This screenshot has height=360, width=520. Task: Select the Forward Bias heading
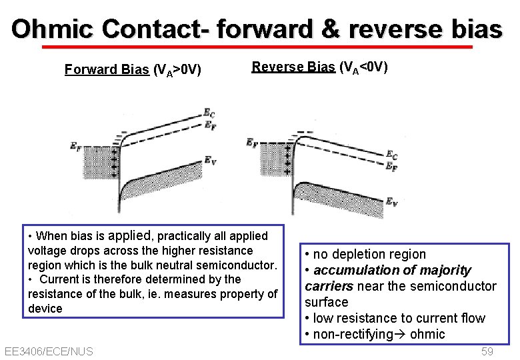coord(107,69)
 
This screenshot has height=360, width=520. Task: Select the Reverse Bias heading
coord(294,67)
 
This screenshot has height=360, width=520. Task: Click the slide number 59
coord(487,351)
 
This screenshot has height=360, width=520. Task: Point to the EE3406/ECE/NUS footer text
coord(48,351)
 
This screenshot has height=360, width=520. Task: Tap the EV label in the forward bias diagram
coord(209,160)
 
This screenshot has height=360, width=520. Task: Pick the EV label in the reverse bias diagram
coord(393,201)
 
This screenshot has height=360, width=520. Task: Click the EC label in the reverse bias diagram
coord(393,155)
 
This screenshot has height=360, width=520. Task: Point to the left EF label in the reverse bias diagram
coord(253,142)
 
